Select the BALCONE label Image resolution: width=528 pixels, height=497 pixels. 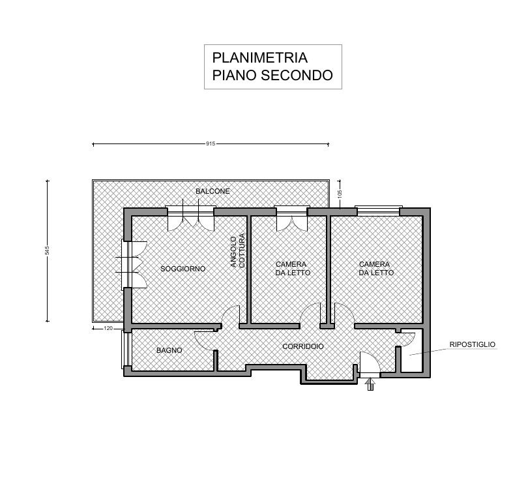pos(213,190)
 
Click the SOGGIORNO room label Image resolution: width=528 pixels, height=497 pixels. pos(183,269)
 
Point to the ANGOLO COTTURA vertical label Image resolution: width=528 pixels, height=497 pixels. pos(237,251)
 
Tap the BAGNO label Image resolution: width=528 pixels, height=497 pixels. pos(169,350)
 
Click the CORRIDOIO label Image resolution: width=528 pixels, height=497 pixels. pos(303,346)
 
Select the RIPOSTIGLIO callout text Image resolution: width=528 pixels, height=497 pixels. pos(473,344)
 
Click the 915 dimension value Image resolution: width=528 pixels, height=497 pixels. pos(210,143)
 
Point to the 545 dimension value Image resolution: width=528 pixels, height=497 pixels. pos(48,250)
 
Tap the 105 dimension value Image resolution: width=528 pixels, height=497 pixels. pos(340,193)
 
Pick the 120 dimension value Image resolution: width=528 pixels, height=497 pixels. pos(109,328)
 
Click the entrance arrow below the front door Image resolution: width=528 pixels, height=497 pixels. pos(370,384)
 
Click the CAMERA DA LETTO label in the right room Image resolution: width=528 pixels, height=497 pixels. pos(376,268)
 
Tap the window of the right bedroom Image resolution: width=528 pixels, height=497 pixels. pos(378,211)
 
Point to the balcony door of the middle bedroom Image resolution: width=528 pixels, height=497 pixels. pos(291,218)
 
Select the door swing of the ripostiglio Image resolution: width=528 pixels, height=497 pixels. pos(407,338)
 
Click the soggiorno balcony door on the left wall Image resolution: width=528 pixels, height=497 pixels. pos(134,264)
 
